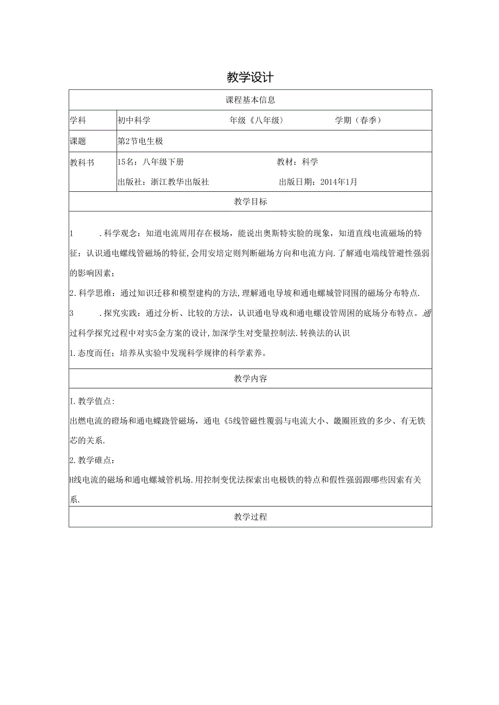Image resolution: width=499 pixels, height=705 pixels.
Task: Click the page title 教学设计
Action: tap(250, 77)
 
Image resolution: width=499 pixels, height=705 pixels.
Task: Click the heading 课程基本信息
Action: tap(250, 100)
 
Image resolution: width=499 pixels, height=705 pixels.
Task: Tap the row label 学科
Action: tap(78, 120)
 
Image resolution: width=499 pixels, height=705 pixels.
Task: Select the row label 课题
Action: tap(78, 141)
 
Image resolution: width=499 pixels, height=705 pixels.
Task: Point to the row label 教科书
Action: tap(82, 161)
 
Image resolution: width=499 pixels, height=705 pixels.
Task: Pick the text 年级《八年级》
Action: tap(257, 120)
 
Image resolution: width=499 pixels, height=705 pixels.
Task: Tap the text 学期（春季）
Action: tap(358, 120)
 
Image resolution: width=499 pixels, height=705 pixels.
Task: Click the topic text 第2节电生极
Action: tap(140, 141)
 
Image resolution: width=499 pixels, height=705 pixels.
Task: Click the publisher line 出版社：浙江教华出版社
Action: tap(163, 182)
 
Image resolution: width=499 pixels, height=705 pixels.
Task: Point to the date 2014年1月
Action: tap(339, 182)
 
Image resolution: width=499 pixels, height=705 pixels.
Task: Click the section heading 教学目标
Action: tap(250, 202)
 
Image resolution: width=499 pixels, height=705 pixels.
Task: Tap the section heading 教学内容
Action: tap(250, 379)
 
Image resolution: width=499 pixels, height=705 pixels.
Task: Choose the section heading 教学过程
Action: tap(250, 517)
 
